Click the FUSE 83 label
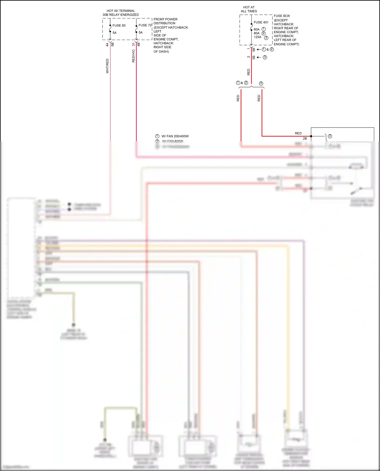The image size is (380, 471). click(x=119, y=26)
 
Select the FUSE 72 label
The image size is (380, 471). click(x=145, y=25)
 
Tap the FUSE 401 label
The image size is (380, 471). click(x=261, y=22)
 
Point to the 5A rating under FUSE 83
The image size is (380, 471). click(x=115, y=33)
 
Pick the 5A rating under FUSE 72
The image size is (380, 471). click(x=141, y=32)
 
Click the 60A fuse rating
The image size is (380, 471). click(x=257, y=29)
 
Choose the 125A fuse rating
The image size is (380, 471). click(x=257, y=37)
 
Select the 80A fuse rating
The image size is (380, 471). click(x=257, y=33)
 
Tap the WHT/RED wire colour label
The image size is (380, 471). click(x=107, y=66)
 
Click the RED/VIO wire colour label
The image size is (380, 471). click(x=134, y=56)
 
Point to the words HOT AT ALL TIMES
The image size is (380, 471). click(x=249, y=9)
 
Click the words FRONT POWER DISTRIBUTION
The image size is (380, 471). click(x=165, y=21)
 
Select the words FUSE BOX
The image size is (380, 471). click(x=282, y=16)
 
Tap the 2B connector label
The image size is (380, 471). click(x=305, y=138)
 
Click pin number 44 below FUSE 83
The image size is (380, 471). click(x=107, y=45)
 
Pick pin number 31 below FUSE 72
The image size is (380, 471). click(x=134, y=44)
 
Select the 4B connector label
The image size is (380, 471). click(x=139, y=44)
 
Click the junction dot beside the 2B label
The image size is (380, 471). click(x=311, y=136)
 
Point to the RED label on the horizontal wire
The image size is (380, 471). click(x=298, y=133)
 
